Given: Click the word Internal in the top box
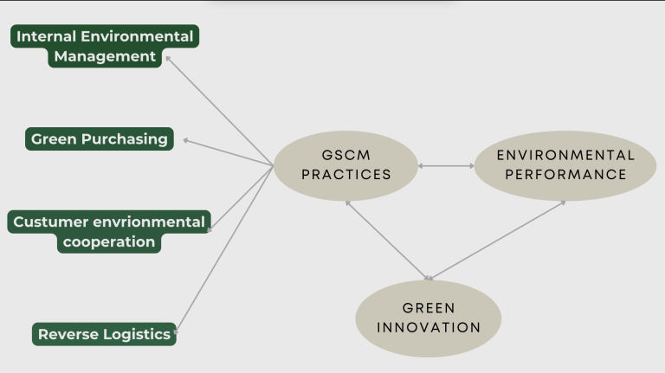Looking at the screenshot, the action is click(x=46, y=36).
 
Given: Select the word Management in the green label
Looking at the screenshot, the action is click(x=105, y=56).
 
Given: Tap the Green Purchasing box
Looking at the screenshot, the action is click(x=100, y=139).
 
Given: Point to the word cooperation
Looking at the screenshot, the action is click(x=109, y=242).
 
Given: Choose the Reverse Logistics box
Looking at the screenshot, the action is click(x=104, y=334).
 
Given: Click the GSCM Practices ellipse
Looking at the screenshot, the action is click(x=345, y=166).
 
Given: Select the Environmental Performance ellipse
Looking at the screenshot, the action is click(x=565, y=166).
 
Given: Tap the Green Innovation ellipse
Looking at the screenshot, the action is click(x=429, y=318).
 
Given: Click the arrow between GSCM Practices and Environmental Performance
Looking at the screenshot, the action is click(x=446, y=166).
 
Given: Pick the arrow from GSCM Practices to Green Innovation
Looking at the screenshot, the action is click(x=388, y=241).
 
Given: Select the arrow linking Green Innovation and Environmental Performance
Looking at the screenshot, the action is click(x=496, y=241).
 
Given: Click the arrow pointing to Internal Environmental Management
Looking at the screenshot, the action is click(x=219, y=111).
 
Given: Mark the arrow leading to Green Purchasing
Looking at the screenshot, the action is click(x=229, y=152).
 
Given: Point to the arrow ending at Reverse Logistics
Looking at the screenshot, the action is click(x=224, y=249).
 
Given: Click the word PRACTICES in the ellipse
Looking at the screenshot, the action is click(x=346, y=175).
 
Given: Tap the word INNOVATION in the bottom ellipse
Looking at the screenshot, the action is click(x=429, y=328).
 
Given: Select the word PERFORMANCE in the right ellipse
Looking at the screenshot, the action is click(x=565, y=175).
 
